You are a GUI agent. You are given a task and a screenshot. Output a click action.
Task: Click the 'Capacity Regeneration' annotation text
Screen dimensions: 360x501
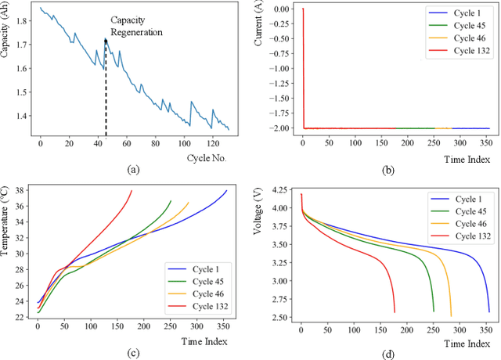136,27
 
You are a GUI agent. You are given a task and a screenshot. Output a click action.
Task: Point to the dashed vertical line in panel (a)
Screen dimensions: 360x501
106,94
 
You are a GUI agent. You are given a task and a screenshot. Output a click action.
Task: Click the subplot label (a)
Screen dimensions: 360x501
133,168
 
